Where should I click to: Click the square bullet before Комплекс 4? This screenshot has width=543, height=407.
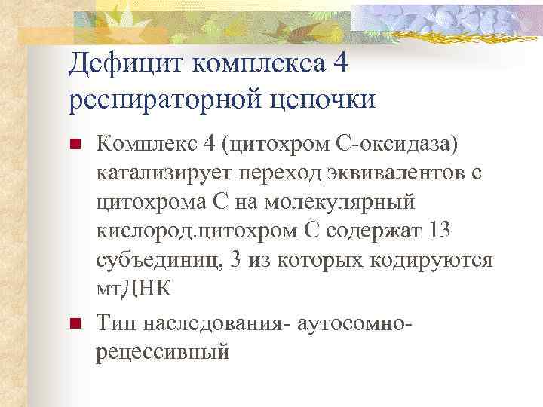pyautogui.click(x=74, y=144)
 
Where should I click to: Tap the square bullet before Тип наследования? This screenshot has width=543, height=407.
pyautogui.click(x=74, y=325)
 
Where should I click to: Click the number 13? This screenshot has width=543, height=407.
pyautogui.click(x=442, y=231)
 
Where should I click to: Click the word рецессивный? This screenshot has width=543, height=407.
pyautogui.click(x=162, y=351)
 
